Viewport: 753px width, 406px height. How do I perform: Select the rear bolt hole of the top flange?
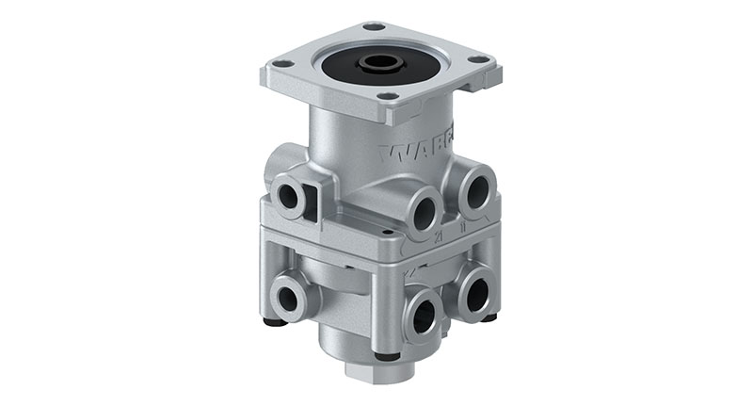pyautogui.click(x=374, y=26)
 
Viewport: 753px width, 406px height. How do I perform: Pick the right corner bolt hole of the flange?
pyautogui.click(x=479, y=58)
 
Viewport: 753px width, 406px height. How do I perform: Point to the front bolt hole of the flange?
pyautogui.click(x=386, y=95)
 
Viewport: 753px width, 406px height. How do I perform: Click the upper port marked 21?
pyautogui.click(x=423, y=210)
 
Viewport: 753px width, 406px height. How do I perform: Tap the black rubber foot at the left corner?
pyautogui.click(x=274, y=322)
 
